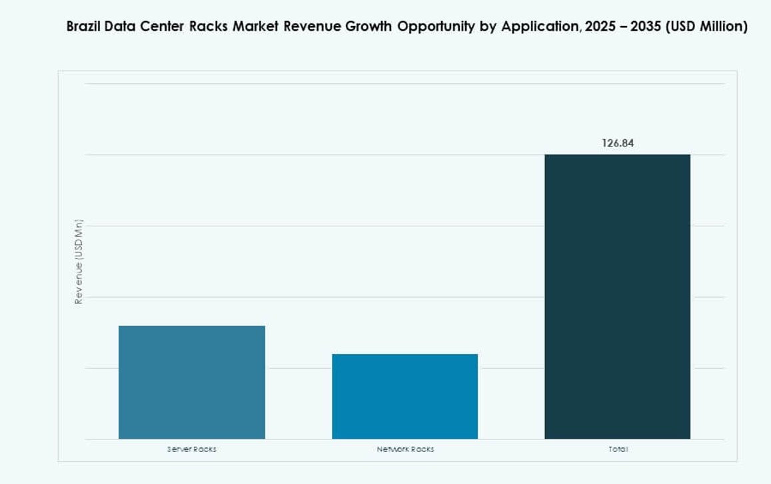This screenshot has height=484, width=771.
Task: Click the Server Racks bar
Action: [x=192, y=382]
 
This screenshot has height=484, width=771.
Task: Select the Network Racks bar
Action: [x=404, y=396]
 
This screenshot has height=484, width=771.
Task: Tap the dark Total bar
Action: [x=617, y=296]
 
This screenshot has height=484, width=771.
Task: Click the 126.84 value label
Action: [x=618, y=142]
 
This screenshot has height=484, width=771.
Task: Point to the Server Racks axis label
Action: [x=192, y=449]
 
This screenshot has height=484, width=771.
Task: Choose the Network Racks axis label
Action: [x=404, y=449]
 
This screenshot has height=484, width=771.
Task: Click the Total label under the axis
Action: [x=618, y=449]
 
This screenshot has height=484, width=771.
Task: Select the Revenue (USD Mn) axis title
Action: [x=79, y=262]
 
